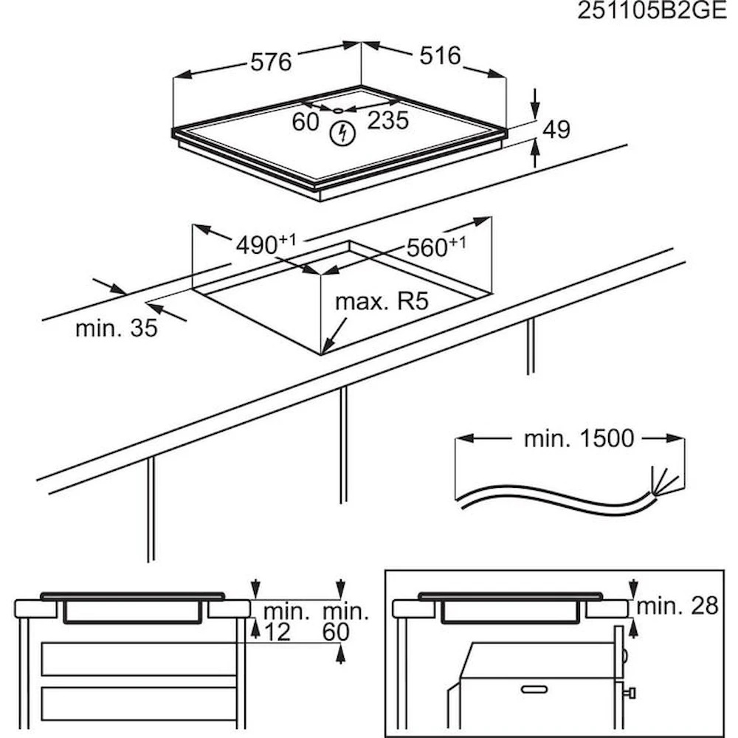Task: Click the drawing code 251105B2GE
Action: click(x=652, y=10)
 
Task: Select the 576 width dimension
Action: click(x=271, y=62)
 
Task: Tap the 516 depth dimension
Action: click(x=440, y=55)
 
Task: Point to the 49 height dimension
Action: click(x=556, y=129)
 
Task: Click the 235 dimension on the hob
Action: click(x=388, y=120)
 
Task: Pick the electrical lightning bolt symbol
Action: click(x=342, y=134)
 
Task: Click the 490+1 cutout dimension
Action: click(x=266, y=244)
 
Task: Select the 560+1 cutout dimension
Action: click(x=436, y=246)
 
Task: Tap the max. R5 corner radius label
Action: click(x=382, y=301)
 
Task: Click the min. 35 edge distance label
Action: click(x=117, y=328)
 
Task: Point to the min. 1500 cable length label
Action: click(x=579, y=438)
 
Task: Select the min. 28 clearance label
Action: click(x=677, y=606)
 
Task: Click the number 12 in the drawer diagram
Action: click(x=277, y=632)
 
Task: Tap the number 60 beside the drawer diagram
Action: click(x=336, y=632)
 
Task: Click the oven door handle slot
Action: click(x=534, y=689)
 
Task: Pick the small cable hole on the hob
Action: click(x=339, y=111)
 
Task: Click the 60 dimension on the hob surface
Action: click(x=306, y=122)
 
